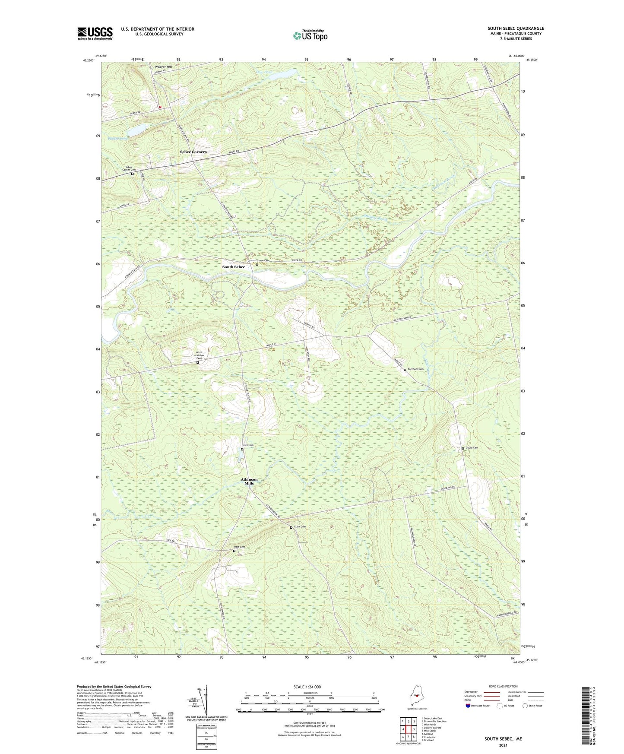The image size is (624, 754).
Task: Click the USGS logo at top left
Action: (x=95, y=33)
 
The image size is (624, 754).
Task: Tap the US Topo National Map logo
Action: (x=310, y=35)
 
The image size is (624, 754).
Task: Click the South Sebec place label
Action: (x=233, y=267)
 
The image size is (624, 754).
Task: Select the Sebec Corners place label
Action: (x=193, y=152)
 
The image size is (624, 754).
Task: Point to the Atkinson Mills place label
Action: (x=249, y=481)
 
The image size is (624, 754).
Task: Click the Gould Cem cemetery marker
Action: (x=463, y=448)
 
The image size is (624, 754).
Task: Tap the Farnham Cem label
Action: (x=415, y=369)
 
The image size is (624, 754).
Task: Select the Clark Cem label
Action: (x=300, y=526)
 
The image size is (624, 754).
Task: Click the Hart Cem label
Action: (x=240, y=547)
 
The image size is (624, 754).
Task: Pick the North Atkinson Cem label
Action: (x=199, y=355)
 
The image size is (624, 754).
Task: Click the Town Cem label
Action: (x=247, y=445)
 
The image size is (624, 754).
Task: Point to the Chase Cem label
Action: (x=263, y=260)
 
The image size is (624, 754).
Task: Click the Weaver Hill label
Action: (x=163, y=67)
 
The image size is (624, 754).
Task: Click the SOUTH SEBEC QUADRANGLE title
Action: (x=516, y=29)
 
